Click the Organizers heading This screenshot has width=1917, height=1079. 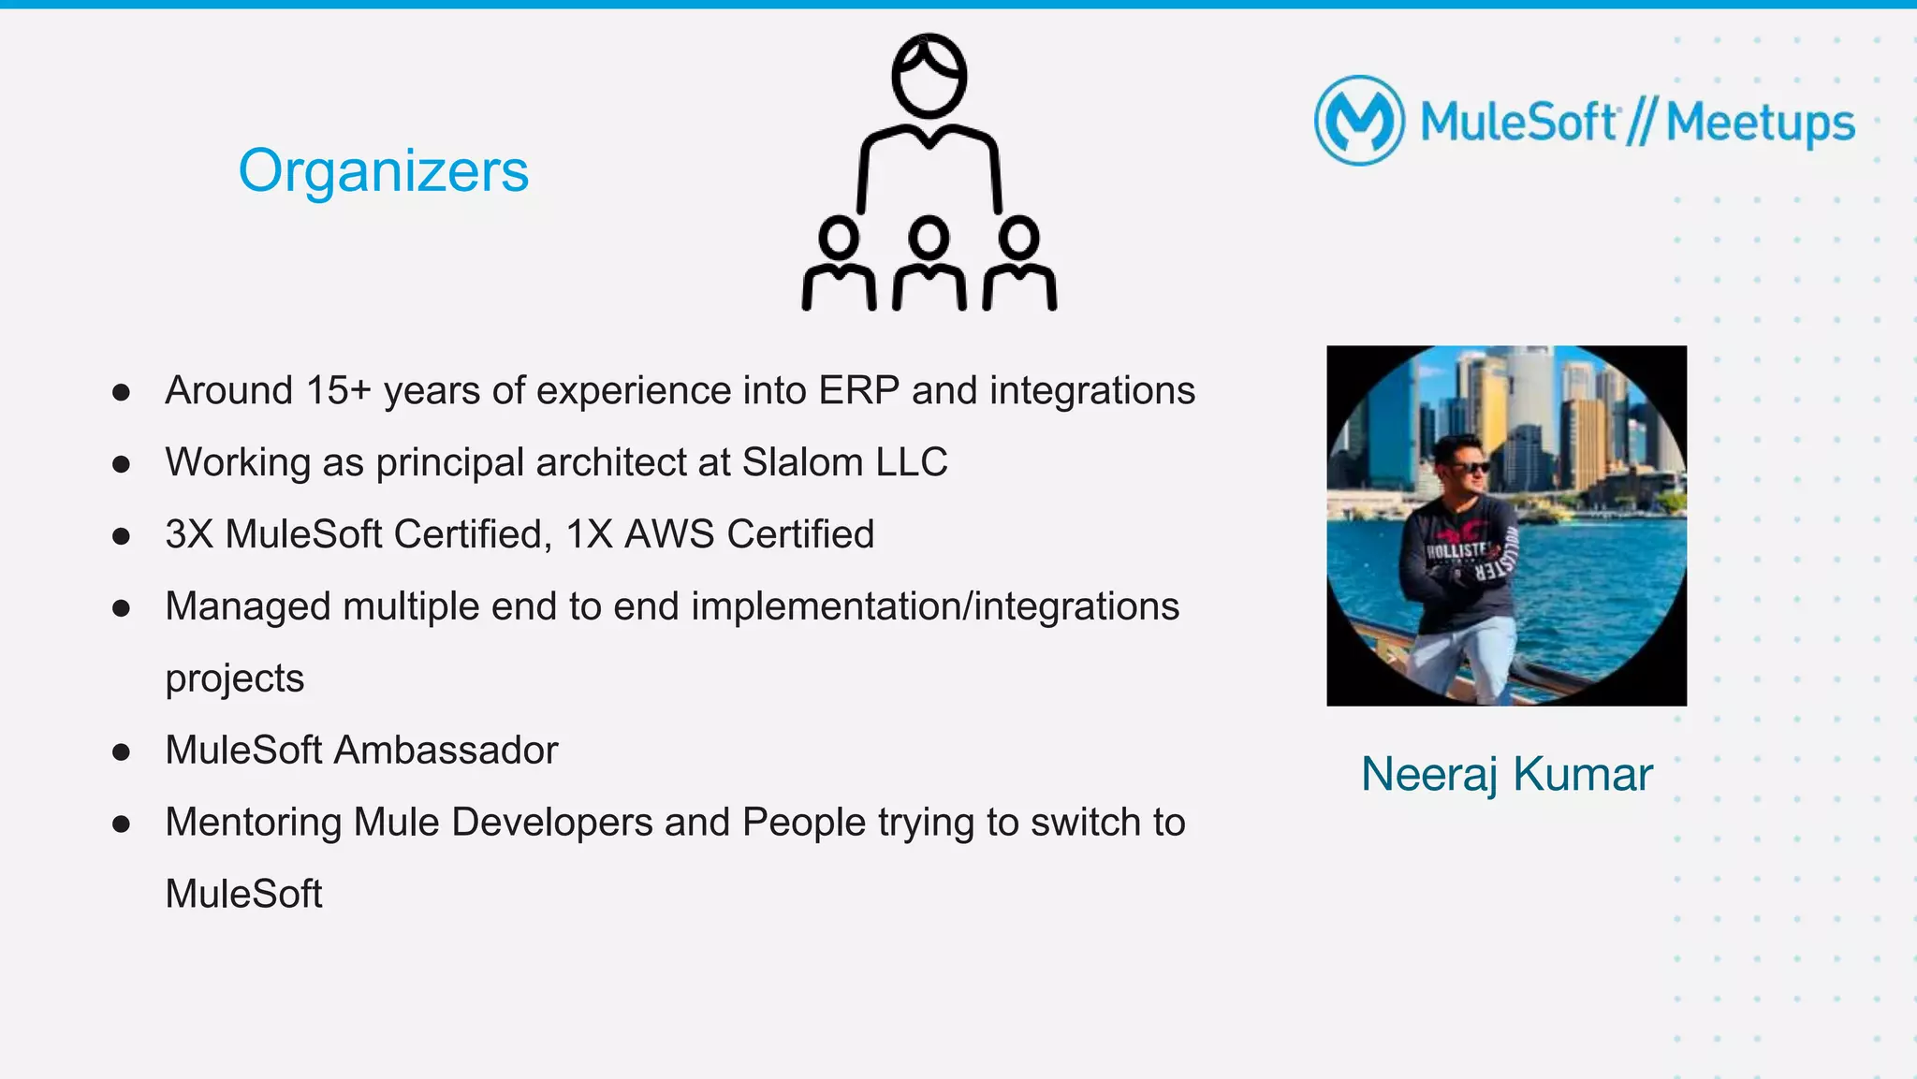(383, 170)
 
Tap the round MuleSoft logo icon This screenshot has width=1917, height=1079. (1359, 121)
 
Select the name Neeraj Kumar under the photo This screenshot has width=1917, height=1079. (1506, 774)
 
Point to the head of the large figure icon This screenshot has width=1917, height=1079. (929, 77)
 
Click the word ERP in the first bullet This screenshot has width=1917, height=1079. (858, 391)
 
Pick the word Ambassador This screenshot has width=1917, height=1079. (446, 751)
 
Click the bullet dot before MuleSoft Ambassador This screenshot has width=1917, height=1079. (121, 751)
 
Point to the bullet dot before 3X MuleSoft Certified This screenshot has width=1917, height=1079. (121, 536)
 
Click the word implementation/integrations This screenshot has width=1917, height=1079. (935, 606)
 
